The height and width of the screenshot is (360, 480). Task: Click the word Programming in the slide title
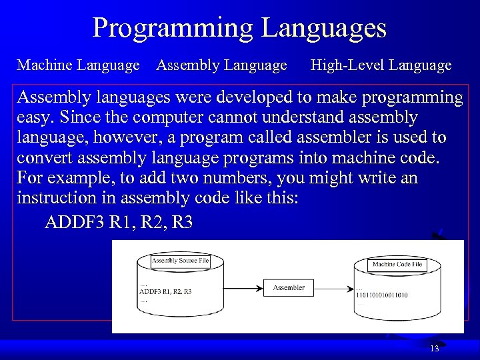[172, 28]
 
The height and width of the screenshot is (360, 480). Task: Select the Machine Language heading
[78, 65]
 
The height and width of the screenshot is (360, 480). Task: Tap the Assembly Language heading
[221, 65]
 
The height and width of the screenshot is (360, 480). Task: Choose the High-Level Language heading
[381, 65]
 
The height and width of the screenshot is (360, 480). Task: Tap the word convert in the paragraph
[44, 158]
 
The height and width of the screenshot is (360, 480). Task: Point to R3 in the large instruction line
[181, 222]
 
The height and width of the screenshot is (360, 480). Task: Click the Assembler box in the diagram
[289, 287]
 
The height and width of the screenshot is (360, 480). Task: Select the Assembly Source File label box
[180, 261]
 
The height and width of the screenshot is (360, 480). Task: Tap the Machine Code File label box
[397, 264]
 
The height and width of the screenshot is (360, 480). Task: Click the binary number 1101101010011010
[391, 295]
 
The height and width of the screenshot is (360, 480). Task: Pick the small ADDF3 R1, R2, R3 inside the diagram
[165, 291]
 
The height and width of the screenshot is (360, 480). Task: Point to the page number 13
[435, 349]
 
